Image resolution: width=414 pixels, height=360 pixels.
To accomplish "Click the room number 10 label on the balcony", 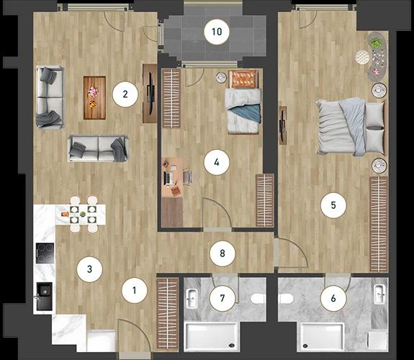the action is [x=217, y=32].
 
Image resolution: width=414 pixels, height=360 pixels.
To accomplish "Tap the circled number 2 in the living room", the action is [x=125, y=94].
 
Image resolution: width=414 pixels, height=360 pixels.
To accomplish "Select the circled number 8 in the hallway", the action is [x=222, y=253].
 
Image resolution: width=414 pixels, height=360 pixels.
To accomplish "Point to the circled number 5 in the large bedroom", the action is [x=333, y=205].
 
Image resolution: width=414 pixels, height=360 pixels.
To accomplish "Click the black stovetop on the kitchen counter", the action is [x=45, y=253].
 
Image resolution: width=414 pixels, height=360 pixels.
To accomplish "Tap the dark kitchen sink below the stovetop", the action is [x=44, y=297].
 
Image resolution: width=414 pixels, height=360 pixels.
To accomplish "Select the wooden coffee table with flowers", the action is [x=94, y=98].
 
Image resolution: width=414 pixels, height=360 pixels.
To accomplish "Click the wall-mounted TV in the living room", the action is [x=150, y=93].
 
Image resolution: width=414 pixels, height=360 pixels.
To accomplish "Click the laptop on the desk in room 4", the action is [x=168, y=178].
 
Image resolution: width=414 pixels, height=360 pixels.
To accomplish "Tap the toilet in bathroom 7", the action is [x=258, y=299].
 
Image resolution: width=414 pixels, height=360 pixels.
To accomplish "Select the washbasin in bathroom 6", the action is [x=379, y=294].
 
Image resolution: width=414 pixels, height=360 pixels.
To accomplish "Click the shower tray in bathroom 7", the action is [x=212, y=336].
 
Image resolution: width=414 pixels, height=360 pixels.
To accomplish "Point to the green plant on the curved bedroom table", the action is [x=374, y=42].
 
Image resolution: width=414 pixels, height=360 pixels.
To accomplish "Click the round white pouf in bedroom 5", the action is [x=362, y=58].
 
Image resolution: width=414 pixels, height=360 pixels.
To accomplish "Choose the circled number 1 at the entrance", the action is [x=134, y=291].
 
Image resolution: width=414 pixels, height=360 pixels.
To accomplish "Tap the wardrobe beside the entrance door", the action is [x=168, y=313].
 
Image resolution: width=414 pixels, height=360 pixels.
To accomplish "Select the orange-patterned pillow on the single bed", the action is [x=243, y=78].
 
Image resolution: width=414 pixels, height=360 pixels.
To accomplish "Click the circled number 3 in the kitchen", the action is [x=89, y=269].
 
